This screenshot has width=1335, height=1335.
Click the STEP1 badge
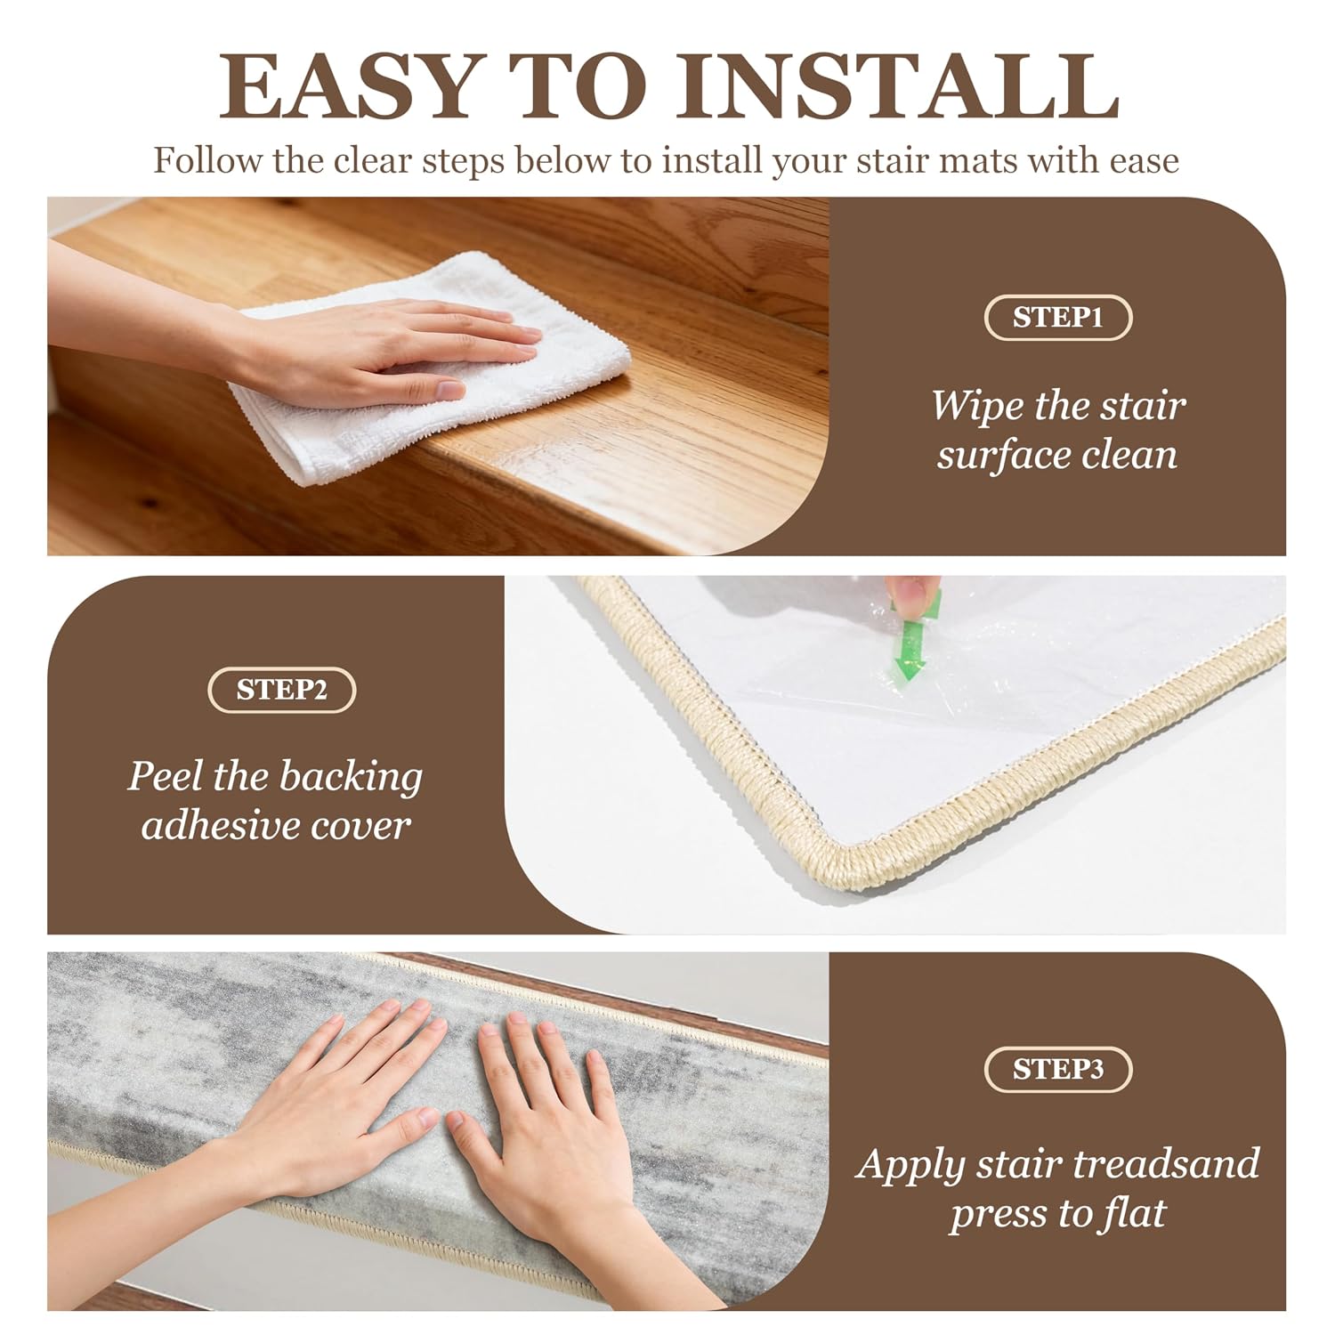click(1057, 319)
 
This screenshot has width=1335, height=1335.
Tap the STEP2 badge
click(281, 691)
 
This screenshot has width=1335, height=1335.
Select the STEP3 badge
click(1057, 1069)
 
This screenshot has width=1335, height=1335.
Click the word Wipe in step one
click(977, 406)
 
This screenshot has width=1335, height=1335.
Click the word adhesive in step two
click(214, 826)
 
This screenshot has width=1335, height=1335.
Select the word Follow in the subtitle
click(208, 161)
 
